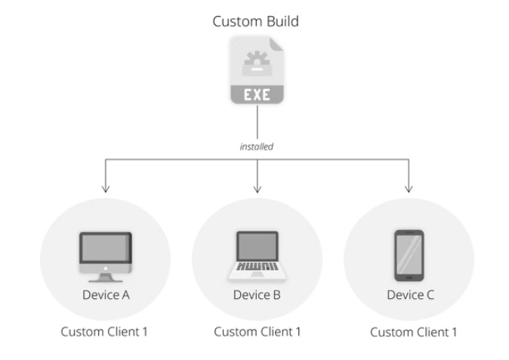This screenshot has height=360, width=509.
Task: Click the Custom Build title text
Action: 254,21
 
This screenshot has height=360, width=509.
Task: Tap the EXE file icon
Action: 258,72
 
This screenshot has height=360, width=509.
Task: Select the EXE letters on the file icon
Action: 258,94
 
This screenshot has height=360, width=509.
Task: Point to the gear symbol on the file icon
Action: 257,60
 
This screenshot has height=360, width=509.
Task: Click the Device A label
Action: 106,294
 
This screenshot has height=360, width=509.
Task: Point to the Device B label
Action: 257,294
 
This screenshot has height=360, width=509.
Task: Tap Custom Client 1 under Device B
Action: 257,331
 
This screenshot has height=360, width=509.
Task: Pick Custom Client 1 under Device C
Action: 412,331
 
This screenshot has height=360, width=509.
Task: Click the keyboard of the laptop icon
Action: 258,266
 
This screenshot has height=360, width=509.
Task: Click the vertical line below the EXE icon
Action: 258,122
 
